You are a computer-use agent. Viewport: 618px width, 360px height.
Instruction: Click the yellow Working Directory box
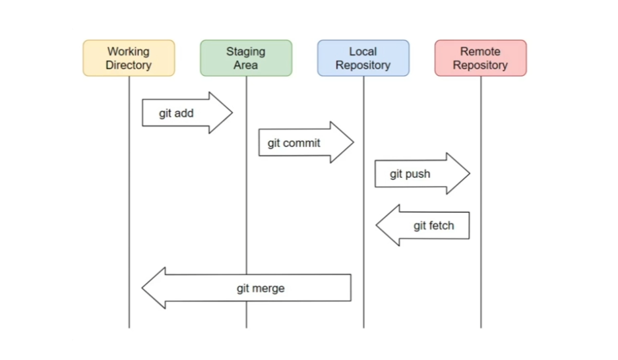coord(129,58)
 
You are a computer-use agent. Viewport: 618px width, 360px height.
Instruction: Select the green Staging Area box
coord(246,58)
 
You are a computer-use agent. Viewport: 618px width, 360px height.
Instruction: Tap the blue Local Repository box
coord(363,58)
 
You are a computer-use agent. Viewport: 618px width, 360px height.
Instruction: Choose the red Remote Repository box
coord(480,58)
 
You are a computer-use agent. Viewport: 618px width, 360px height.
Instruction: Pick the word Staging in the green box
coord(245,51)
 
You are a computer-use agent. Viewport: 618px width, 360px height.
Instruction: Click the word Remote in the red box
coord(480,51)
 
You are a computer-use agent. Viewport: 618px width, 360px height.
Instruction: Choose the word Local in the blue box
coord(363,51)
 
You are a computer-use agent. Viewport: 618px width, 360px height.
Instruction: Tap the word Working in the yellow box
coord(129,51)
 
